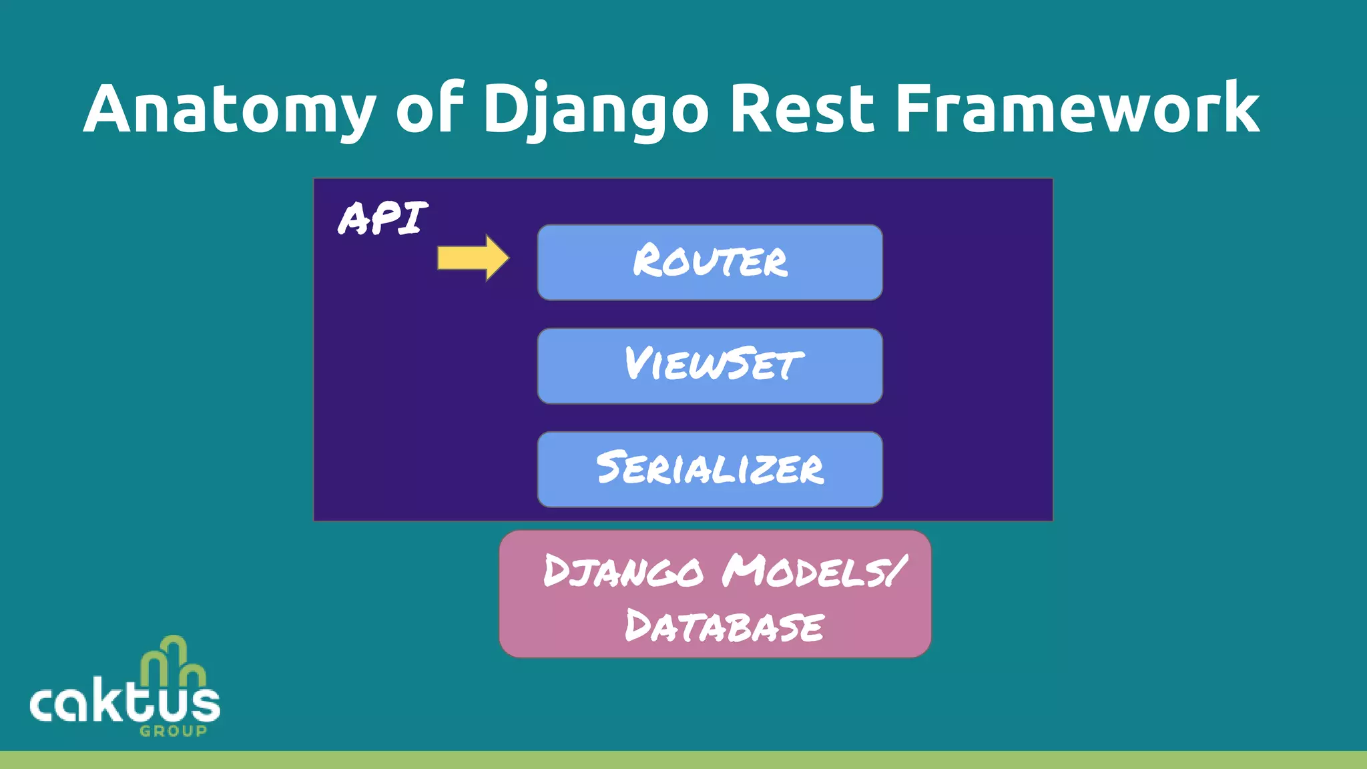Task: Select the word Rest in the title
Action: click(802, 109)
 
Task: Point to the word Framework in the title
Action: click(1077, 109)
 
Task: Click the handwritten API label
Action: click(382, 218)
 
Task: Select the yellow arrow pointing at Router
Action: click(473, 258)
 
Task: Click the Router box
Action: click(710, 262)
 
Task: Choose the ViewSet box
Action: click(710, 365)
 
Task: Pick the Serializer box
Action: click(710, 469)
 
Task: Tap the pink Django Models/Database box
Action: click(715, 594)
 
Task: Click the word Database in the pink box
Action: click(724, 627)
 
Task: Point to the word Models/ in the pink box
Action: click(814, 572)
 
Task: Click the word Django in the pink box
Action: click(623, 572)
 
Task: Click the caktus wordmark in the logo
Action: click(125, 702)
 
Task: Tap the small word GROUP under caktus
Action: click(174, 731)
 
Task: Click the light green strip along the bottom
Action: click(683, 760)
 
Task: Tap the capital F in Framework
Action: click(912, 109)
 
